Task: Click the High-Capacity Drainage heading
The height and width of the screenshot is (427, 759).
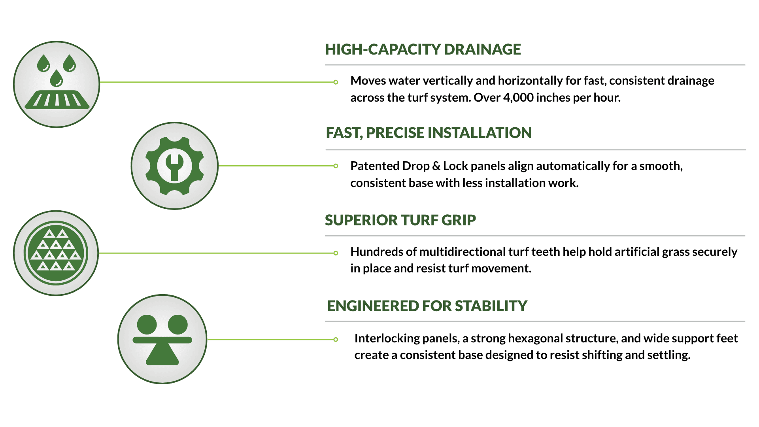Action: click(x=423, y=49)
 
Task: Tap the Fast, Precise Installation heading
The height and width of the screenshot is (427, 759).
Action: click(x=429, y=133)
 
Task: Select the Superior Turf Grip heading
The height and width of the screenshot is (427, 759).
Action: click(x=400, y=220)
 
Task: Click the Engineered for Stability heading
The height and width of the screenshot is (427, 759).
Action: click(x=427, y=306)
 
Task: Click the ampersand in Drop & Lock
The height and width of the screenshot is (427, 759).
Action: click(x=436, y=166)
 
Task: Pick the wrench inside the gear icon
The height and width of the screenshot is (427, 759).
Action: click(x=174, y=167)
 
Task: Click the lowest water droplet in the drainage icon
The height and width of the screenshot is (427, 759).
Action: click(x=56, y=78)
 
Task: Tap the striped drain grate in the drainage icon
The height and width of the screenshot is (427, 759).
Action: click(x=57, y=99)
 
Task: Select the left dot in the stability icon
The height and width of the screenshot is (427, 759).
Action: click(x=147, y=325)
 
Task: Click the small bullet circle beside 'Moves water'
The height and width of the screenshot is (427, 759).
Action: click(x=336, y=82)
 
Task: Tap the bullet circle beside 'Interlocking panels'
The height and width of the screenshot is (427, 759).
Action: click(x=336, y=339)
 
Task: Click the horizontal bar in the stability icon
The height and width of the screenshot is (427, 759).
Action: click(x=162, y=340)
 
